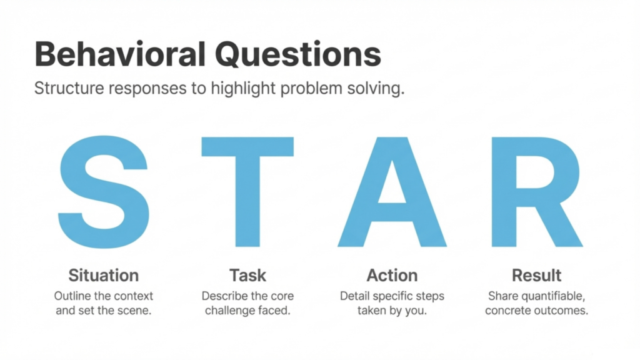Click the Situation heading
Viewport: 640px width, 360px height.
pos(103,275)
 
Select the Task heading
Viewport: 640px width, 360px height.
pos(247,275)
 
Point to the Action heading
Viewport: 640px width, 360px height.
pos(392,275)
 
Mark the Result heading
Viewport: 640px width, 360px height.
pos(536,275)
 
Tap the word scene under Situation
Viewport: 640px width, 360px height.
pos(134,311)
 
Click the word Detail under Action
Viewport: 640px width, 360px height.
pos(354,296)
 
